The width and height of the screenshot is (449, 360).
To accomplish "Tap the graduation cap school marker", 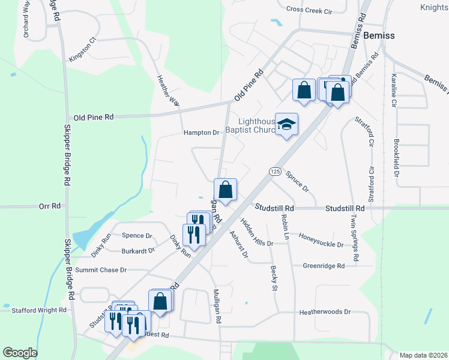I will click(x=287, y=124).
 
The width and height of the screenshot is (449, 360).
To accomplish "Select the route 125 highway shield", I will click(x=275, y=172).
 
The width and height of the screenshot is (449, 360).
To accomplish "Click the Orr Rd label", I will click(x=50, y=206).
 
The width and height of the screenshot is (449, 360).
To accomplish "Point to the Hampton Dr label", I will click(x=201, y=133).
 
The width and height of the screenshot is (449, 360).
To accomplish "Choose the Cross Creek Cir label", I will click(x=309, y=10).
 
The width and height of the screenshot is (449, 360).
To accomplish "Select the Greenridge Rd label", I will click(x=324, y=266).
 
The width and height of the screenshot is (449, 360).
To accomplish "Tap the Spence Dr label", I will click(x=137, y=236).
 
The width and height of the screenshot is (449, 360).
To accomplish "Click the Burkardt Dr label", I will click(x=138, y=251).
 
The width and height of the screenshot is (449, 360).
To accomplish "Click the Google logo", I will click(x=20, y=353).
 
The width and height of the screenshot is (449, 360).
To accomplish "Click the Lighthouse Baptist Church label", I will click(x=250, y=125).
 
